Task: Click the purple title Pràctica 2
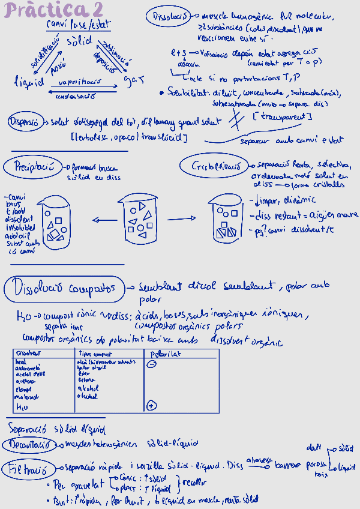point(56,10)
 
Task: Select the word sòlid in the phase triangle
point(77,41)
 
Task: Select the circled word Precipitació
point(32,166)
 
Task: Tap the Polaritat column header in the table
point(166,354)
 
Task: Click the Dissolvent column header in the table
point(28,354)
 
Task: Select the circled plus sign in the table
point(151,405)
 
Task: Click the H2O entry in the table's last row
point(21,406)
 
